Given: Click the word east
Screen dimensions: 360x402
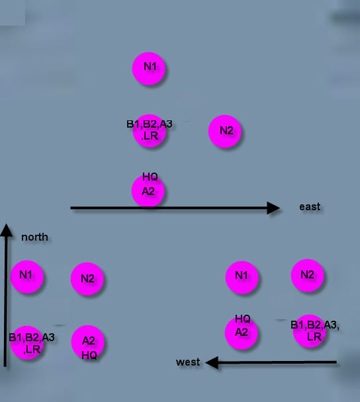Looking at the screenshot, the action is pos(310,207).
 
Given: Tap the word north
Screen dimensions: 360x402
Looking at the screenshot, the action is pos(34,237).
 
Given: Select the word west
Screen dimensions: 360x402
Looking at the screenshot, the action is pos(188,362).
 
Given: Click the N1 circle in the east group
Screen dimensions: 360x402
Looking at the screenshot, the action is pos(149,69).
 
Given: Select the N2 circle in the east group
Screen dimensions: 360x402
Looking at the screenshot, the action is pos(225,132).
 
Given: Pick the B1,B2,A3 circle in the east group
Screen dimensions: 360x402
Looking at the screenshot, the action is pos(150,131).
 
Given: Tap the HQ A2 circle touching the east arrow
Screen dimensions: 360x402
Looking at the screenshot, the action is pos(148,191).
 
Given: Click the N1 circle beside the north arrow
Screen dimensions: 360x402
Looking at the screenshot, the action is pos(27,276).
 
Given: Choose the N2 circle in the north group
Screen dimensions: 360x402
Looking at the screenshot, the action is pos(87,278).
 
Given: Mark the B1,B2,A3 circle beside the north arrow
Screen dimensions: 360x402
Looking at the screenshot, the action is pos(27,342).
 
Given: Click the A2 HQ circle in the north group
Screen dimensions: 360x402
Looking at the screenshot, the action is pos(88,342).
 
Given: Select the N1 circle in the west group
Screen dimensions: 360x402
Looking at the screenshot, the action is pos(242,278).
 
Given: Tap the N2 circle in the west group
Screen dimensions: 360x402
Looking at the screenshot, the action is pos(308,276).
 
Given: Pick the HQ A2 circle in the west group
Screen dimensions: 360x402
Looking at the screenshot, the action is pos(241,333).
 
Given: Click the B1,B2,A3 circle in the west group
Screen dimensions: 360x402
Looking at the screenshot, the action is pos(309,331).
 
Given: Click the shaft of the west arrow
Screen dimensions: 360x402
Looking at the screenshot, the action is pos(277,362).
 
